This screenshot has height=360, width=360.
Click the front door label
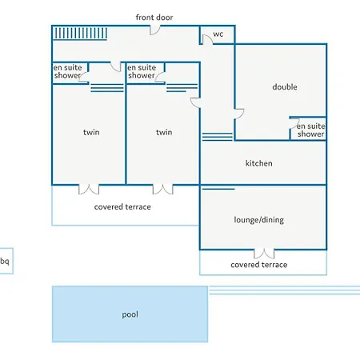[154, 18]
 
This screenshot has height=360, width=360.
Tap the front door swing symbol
[154, 30]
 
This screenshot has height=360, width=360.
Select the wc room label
[218, 34]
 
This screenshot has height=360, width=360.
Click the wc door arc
[207, 39]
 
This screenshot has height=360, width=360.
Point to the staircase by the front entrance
[80, 33]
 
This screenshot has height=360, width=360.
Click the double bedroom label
[285, 87]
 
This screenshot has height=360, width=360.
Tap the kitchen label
[258, 163]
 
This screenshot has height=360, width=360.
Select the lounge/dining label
[258, 220]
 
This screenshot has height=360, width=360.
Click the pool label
[130, 314]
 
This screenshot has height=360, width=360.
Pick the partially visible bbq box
[6, 261]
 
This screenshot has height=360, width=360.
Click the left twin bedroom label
[91, 132]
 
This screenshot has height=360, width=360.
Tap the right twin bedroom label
[164, 132]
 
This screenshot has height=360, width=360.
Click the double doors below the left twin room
[89, 189]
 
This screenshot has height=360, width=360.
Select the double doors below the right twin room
[162, 189]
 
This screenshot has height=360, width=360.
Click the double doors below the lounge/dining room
[264, 254]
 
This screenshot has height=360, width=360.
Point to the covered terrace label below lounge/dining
[259, 265]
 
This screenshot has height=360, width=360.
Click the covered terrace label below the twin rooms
[122, 207]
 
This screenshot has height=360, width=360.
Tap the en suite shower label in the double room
[310, 130]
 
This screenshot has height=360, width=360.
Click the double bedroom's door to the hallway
[239, 114]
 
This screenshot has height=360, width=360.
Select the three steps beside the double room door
[218, 137]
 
